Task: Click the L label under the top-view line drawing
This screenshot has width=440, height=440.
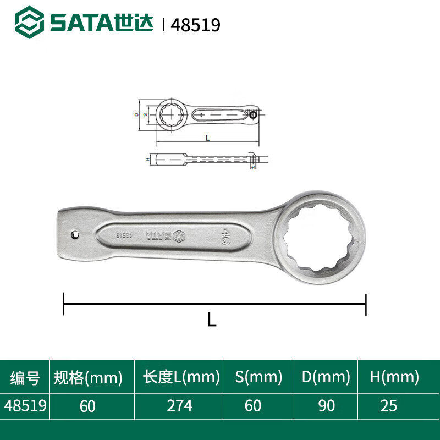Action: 207,138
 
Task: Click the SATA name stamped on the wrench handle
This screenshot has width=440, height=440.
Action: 158,236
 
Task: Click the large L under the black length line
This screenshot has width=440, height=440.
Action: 212,319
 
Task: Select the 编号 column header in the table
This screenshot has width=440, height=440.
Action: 25,377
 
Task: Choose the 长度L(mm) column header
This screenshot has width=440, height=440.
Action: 182,377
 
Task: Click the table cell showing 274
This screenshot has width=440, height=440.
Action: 180,406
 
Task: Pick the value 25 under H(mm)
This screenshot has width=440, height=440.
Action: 388,406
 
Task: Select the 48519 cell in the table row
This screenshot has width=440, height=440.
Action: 25,406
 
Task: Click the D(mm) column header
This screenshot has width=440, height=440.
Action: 326,377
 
